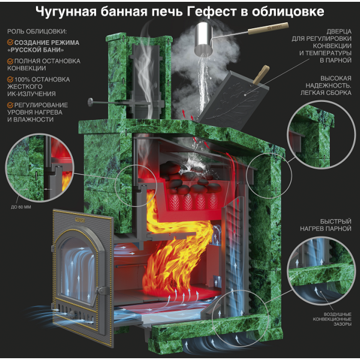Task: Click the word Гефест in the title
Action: pyautogui.click(x=211, y=12)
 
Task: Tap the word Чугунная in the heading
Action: pyautogui.click(x=66, y=12)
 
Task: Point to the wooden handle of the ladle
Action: pyautogui.click(x=268, y=28)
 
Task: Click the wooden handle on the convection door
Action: pyautogui.click(x=260, y=74)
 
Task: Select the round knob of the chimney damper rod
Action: pyautogui.click(x=91, y=102)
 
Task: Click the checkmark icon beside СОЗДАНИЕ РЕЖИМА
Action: pyautogui.click(x=10, y=42)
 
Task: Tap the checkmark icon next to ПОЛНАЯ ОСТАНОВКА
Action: pyautogui.click(x=10, y=61)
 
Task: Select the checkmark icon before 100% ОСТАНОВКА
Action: pyautogui.click(x=10, y=79)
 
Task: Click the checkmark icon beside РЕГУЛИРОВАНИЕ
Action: pyautogui.click(x=10, y=105)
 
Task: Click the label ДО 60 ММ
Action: pyautogui.click(x=21, y=207)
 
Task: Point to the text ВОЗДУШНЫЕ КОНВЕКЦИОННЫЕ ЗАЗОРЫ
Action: pyautogui.click(x=332, y=319)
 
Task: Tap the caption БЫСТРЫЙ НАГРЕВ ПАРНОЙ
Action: pyautogui.click(x=326, y=225)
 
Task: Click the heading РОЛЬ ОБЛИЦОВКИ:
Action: pyautogui.click(x=37, y=31)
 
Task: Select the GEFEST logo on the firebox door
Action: pyautogui.click(x=80, y=220)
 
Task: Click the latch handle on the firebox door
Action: pyautogui.click(x=102, y=290)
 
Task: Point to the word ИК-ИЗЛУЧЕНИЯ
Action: pyautogui.click(x=31, y=94)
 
